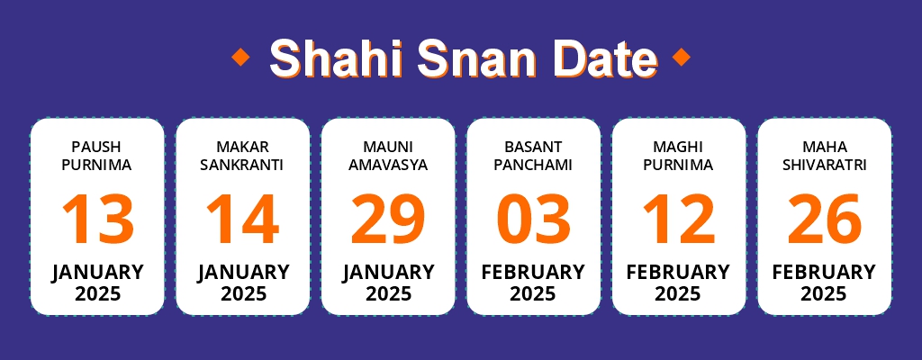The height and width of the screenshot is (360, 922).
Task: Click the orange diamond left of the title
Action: pyautogui.click(x=240, y=58)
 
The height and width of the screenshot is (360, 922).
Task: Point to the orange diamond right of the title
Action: pyautogui.click(x=682, y=58)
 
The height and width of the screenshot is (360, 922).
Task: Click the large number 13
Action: pyautogui.click(x=97, y=220)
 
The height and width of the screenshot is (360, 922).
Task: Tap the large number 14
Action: pyautogui.click(x=243, y=220)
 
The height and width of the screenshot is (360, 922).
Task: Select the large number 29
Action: pyautogui.click(x=388, y=220)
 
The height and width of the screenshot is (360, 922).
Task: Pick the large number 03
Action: pyautogui.click(x=533, y=220)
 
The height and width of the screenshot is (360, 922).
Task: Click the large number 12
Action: pyautogui.click(x=678, y=220)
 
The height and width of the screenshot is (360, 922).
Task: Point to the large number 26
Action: pyautogui.click(x=824, y=220)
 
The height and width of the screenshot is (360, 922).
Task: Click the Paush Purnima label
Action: pyautogui.click(x=97, y=155)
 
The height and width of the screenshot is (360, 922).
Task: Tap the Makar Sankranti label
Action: pyautogui.click(x=243, y=155)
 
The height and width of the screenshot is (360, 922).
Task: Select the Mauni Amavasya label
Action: pyautogui.click(x=388, y=155)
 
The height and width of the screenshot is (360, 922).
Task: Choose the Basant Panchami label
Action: pyautogui.click(x=533, y=155)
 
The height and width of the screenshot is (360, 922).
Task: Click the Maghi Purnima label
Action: pyautogui.click(x=678, y=155)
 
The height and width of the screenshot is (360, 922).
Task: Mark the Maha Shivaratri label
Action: pyautogui.click(x=824, y=155)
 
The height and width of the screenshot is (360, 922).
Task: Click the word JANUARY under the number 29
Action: pyautogui.click(x=388, y=272)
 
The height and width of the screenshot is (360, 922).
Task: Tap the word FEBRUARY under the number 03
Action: pyautogui.click(x=533, y=272)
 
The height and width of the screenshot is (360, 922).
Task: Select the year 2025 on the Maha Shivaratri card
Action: pyautogui.click(x=824, y=294)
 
